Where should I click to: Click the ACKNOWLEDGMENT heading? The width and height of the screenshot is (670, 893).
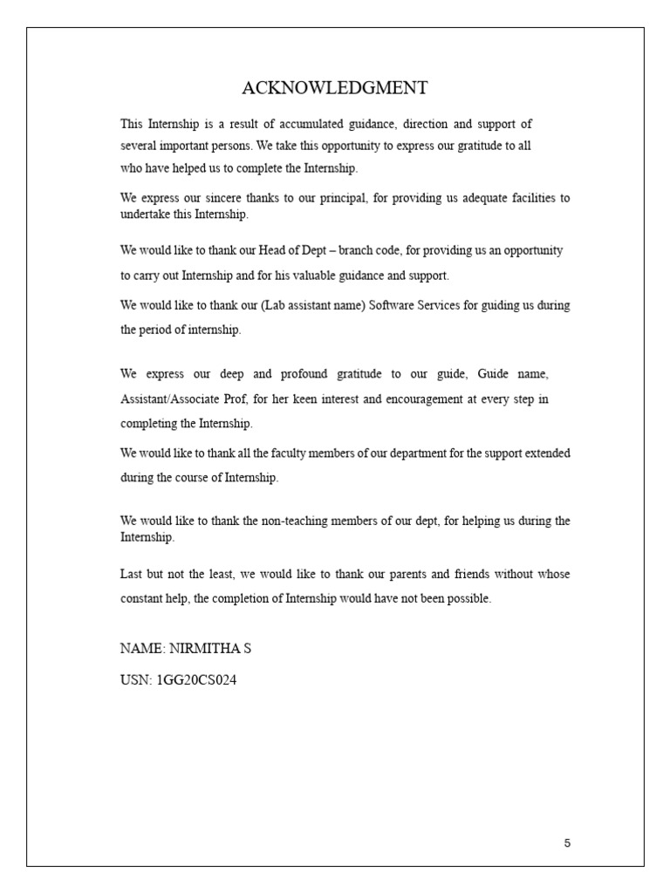(334, 88)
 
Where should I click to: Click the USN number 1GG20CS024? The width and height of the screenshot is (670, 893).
(196, 679)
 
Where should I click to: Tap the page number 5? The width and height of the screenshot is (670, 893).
(567, 843)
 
